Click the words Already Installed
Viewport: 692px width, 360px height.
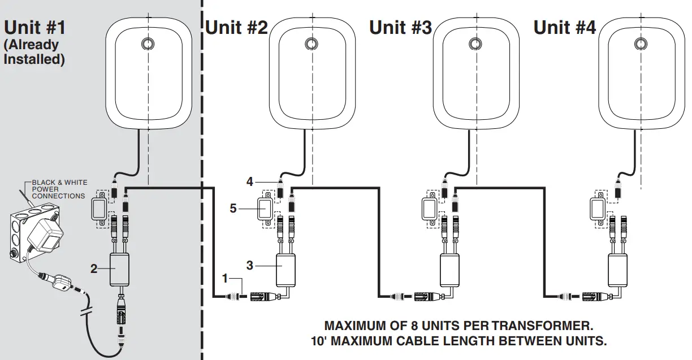[x=33, y=51]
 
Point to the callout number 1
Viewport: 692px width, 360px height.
[x=225, y=279]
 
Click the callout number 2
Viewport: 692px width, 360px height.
[x=94, y=270]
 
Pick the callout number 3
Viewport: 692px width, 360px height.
[x=250, y=264]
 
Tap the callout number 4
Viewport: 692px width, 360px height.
[x=249, y=183]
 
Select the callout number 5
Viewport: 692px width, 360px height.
[x=233, y=208]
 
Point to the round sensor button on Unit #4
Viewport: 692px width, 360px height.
[x=640, y=44]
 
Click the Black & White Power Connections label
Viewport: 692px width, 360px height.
[x=59, y=189]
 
